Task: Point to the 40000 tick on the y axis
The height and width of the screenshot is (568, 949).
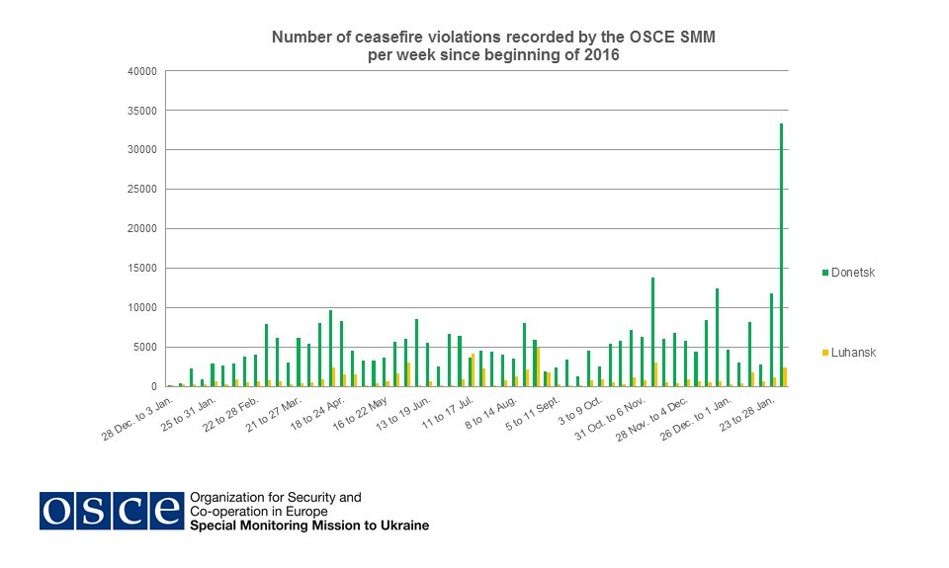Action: coord(143,71)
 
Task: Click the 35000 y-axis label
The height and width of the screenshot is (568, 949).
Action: coord(143,111)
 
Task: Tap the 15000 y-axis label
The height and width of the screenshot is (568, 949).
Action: coord(143,269)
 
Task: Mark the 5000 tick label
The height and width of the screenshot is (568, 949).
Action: coord(146,348)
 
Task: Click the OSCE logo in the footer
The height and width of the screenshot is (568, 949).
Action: coord(111,510)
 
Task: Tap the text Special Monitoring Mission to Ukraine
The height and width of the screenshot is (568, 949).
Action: coord(308,526)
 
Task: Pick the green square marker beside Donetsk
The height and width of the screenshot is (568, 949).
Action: coord(825,273)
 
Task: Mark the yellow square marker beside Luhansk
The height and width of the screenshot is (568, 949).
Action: coord(825,352)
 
